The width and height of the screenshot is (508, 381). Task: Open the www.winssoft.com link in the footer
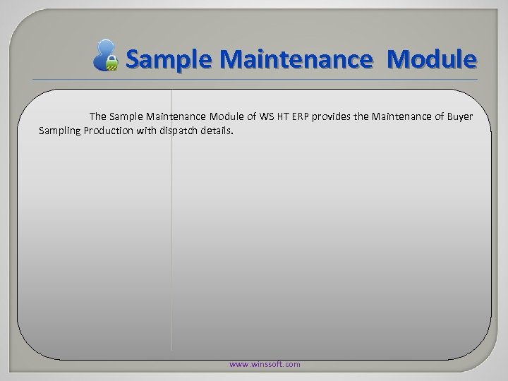tap(265, 364)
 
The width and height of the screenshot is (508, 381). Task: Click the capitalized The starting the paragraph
tap(97, 115)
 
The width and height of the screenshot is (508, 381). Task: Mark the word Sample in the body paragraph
tap(126, 115)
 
